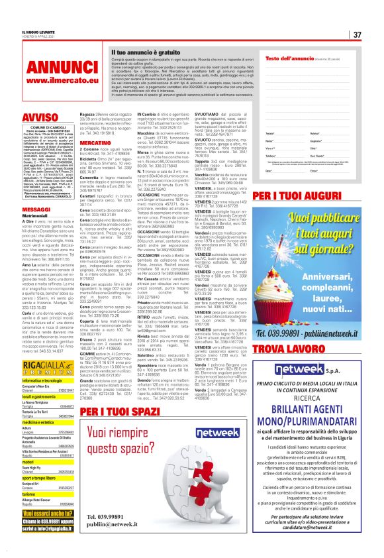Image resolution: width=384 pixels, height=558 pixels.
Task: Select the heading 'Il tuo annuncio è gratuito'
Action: (x=145, y=51)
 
